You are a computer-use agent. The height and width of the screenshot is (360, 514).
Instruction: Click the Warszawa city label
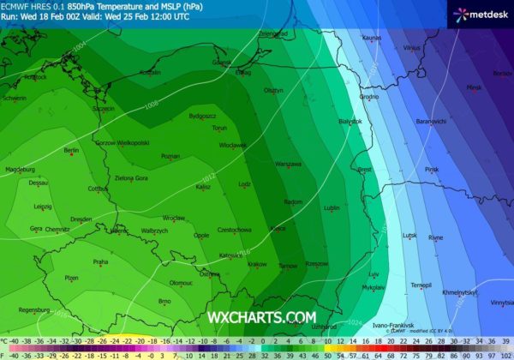pyautogui.click(x=288, y=164)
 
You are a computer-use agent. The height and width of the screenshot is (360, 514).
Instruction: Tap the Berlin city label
pyautogui.click(x=71, y=150)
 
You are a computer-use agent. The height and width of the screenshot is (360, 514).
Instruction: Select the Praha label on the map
pyautogui.click(x=100, y=261)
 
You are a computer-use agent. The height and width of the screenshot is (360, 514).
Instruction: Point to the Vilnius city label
pyautogui.click(x=412, y=48)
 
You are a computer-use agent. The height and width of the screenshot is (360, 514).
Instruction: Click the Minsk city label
pyautogui.click(x=474, y=87)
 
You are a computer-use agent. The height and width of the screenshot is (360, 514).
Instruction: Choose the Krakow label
pyautogui.click(x=257, y=264)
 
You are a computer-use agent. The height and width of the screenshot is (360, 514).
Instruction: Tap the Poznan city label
pyautogui.click(x=170, y=156)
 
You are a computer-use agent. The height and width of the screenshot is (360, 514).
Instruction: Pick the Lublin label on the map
pyautogui.click(x=332, y=207)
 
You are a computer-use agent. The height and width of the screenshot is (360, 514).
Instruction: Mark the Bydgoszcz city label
pyautogui.click(x=203, y=115)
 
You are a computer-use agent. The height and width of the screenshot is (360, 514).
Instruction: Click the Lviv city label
pyautogui.click(x=374, y=274)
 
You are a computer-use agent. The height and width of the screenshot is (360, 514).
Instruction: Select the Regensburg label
pyautogui.click(x=33, y=309)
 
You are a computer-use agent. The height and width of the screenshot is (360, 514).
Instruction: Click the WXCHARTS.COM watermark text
pyautogui.click(x=261, y=317)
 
